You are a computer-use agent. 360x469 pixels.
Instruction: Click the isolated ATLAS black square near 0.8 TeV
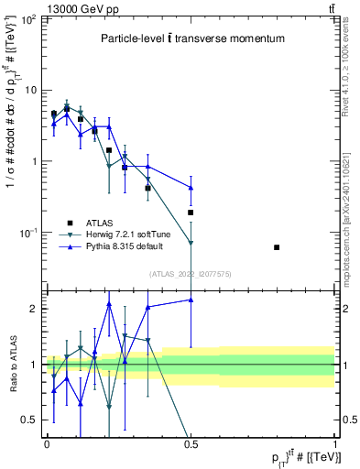click(277, 247)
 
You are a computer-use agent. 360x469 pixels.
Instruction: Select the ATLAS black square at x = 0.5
click(191, 213)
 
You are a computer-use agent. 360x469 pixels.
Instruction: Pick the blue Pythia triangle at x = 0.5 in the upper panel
click(191, 188)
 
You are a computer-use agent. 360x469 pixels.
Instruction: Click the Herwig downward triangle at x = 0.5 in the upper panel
click(191, 244)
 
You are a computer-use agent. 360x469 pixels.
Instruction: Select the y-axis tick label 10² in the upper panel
click(31, 19)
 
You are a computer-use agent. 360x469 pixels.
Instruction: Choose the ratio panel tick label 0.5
click(30, 420)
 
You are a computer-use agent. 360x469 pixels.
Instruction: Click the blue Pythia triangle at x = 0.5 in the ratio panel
click(191, 300)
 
